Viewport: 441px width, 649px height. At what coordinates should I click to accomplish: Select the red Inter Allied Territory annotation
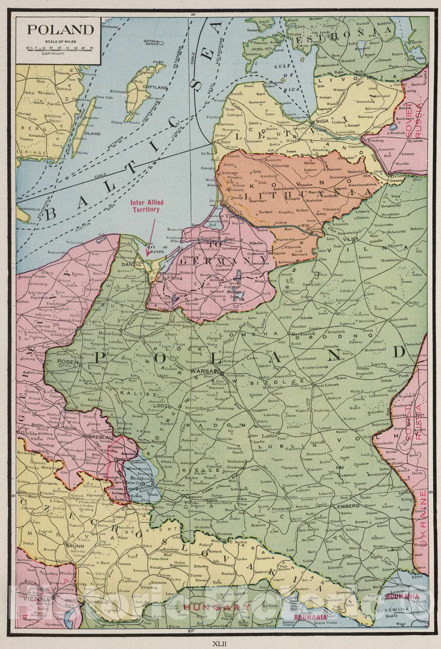145,206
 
